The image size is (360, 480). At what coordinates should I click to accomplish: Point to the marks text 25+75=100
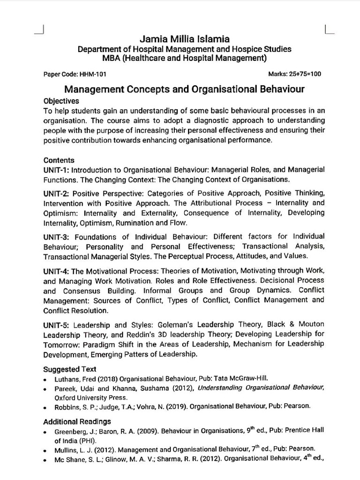pos(306,74)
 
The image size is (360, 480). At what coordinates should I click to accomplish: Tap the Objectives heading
pos(61,101)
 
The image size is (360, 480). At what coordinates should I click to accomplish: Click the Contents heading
pos(59,160)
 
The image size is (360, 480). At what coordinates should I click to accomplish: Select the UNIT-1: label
pos(56,170)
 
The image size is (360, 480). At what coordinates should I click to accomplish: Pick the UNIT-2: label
pos(57,193)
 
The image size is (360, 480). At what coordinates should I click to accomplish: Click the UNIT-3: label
pos(57,236)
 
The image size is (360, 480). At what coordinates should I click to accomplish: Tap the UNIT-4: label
pos(56,271)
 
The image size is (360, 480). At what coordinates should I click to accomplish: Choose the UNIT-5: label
pos(57,324)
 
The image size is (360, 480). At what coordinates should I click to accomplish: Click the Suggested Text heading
pos(69,369)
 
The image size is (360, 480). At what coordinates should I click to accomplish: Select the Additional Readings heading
pos(77,421)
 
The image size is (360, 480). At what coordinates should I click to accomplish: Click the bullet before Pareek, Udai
pos(45,389)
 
